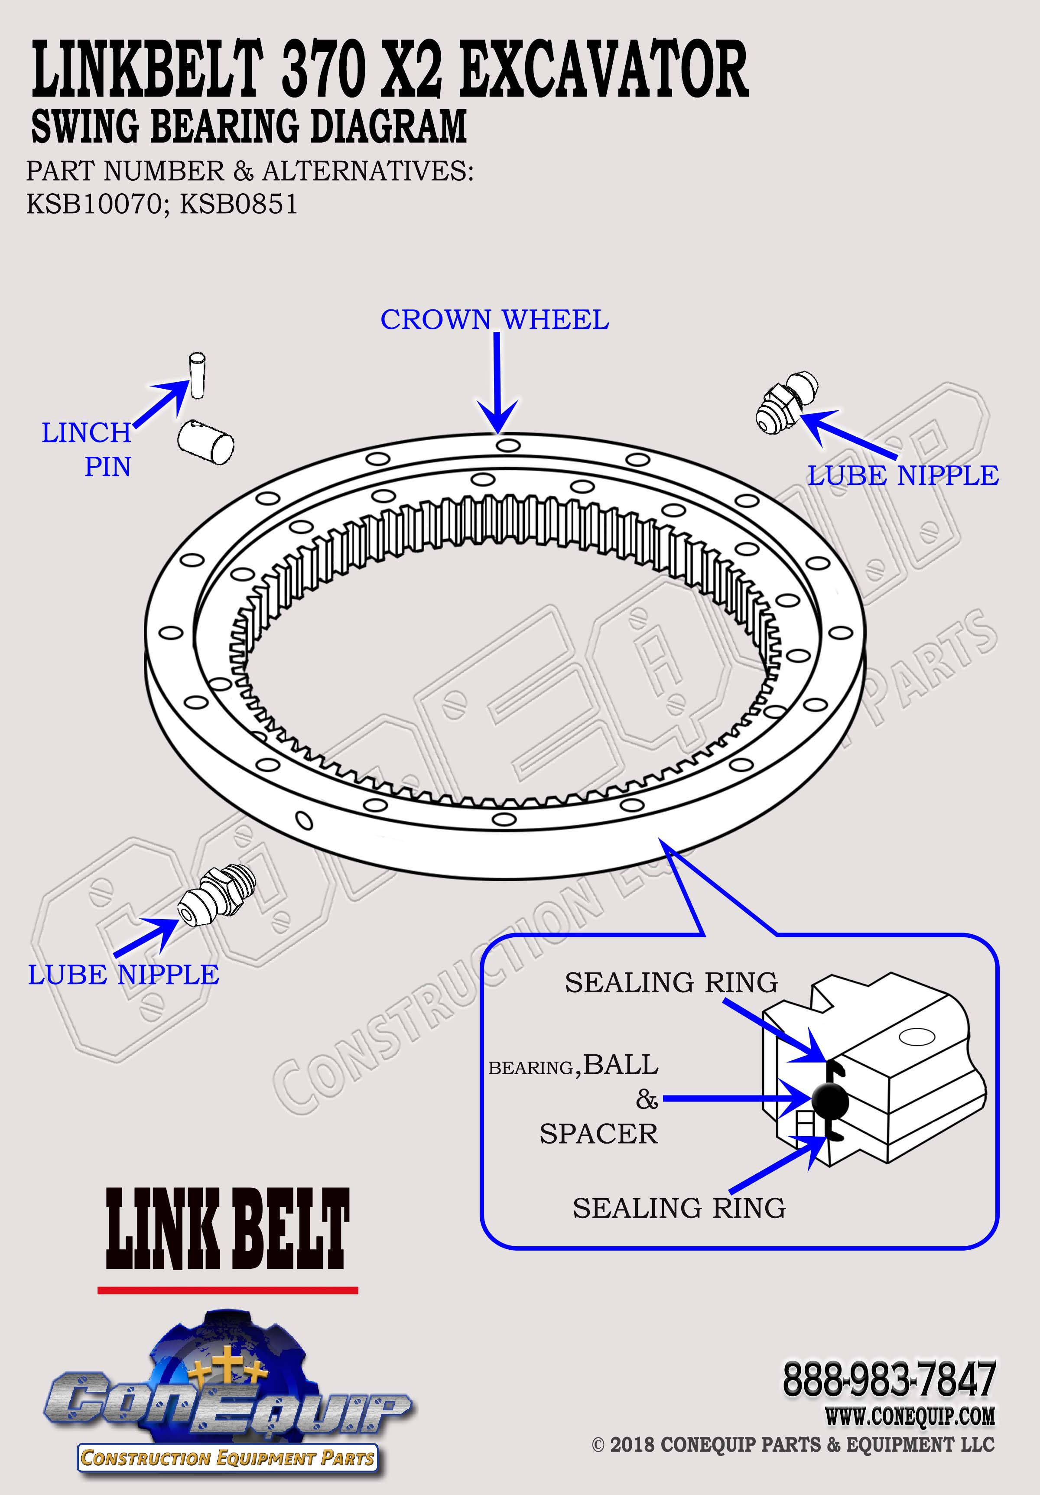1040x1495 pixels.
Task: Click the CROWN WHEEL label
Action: click(x=495, y=320)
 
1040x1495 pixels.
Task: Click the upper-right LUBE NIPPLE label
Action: click(x=903, y=476)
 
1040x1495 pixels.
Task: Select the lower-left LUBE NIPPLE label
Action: click(x=123, y=975)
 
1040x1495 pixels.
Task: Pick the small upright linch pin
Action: click(x=197, y=376)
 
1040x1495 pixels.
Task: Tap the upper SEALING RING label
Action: click(x=671, y=982)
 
